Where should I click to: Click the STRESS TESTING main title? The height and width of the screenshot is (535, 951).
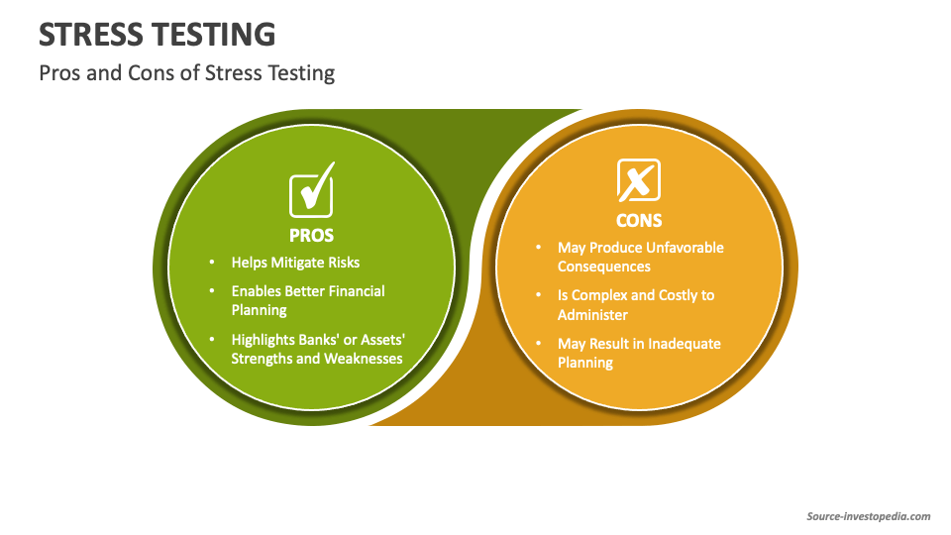[158, 35]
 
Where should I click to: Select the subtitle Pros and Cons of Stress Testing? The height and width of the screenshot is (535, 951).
[186, 73]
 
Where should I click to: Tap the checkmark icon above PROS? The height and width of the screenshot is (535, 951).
[311, 190]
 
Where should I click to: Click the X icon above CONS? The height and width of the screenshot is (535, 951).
[638, 180]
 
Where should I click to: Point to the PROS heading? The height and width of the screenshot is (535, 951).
[311, 236]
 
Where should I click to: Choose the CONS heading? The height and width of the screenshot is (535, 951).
[639, 221]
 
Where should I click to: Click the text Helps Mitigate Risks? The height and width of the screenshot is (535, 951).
[295, 263]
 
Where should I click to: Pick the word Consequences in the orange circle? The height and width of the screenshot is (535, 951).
[604, 267]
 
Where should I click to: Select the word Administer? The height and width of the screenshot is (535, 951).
[592, 314]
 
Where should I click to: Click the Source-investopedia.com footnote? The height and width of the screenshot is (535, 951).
[869, 516]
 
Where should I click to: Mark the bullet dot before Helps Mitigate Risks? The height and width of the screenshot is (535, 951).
[212, 263]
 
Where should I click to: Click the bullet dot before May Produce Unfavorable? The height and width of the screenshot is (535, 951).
[538, 248]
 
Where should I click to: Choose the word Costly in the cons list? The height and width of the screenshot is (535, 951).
[681, 295]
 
